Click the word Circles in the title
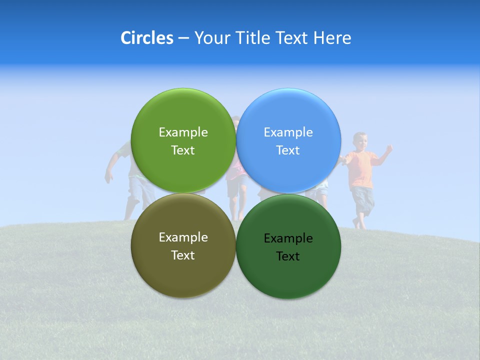[147, 38]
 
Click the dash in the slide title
[183, 38]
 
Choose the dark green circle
[288, 280]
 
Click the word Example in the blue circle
[288, 132]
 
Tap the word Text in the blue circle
[288, 150]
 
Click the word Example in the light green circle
[183, 132]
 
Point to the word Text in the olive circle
[183, 255]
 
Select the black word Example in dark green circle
[288, 238]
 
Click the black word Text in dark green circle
[288, 256]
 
